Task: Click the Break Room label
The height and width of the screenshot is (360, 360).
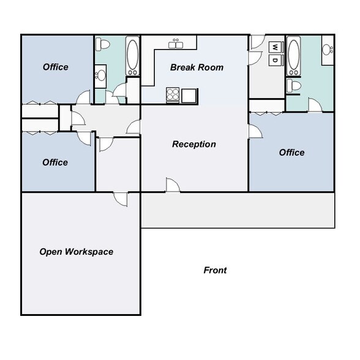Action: click(x=197, y=67)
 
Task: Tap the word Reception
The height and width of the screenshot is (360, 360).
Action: click(x=193, y=144)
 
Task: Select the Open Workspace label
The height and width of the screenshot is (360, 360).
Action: click(x=77, y=252)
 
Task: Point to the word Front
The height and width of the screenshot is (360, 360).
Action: click(x=215, y=270)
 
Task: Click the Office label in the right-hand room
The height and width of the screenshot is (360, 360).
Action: click(x=291, y=152)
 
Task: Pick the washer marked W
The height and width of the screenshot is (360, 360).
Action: click(x=276, y=47)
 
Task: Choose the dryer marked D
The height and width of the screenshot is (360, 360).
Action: click(x=276, y=60)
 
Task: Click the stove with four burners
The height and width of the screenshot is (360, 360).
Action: click(x=173, y=95)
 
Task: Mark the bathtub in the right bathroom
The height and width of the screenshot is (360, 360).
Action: click(x=294, y=56)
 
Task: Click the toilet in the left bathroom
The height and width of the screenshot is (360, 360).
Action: click(x=103, y=43)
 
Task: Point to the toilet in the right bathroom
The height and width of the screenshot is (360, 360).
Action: click(x=296, y=84)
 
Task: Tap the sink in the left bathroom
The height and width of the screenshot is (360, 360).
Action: click(x=100, y=76)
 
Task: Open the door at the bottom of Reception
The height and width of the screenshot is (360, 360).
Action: click(x=172, y=186)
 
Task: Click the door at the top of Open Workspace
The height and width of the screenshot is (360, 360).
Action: click(x=120, y=199)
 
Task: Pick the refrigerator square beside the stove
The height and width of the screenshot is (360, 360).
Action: click(x=190, y=95)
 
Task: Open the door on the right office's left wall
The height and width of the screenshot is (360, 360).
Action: click(x=253, y=131)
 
